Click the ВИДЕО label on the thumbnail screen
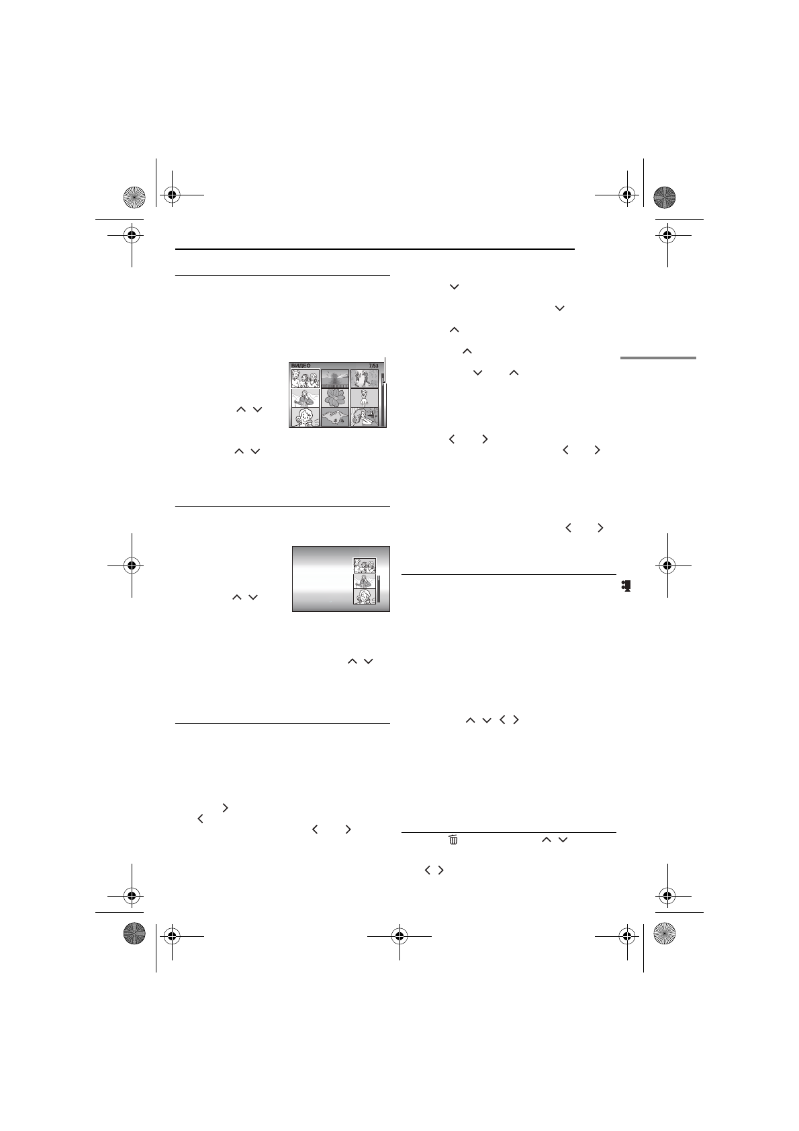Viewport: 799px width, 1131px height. (300, 366)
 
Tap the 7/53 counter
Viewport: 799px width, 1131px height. (374, 366)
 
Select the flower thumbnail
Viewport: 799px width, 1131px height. (335, 398)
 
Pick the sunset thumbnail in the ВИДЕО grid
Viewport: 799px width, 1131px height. (335, 379)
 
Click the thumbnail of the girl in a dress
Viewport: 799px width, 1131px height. (365, 398)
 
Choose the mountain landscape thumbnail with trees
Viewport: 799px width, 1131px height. (335, 418)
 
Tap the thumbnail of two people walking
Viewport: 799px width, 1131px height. (365, 379)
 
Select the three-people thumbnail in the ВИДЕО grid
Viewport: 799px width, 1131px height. (305, 379)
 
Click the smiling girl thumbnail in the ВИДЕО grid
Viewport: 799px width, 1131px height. (305, 418)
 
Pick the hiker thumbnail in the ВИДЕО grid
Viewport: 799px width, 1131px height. (305, 398)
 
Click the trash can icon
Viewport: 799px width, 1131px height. (453, 840)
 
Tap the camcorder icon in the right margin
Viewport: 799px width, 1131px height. (626, 586)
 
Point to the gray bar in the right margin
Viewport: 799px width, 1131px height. (658, 358)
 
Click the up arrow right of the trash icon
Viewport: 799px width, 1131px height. (546, 840)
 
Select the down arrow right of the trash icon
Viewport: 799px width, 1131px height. (562, 840)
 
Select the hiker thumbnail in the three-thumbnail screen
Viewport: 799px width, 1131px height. (365, 582)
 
